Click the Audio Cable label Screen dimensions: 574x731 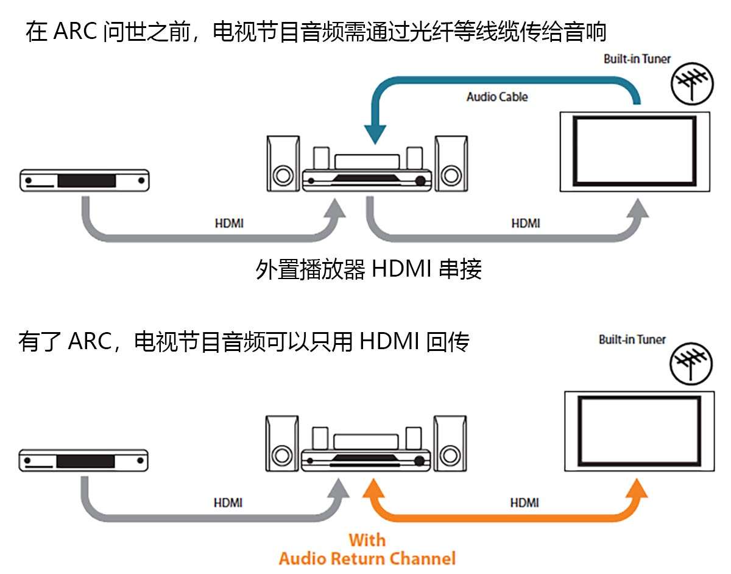497,96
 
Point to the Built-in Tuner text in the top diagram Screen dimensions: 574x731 637,59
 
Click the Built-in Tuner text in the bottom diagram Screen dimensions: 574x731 632,339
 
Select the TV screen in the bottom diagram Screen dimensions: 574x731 639,431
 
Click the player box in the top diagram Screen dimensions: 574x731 84,180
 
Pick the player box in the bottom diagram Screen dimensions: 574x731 84,460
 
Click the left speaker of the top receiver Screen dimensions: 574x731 282,164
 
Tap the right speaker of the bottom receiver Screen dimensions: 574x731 450,443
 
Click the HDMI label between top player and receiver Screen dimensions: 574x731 229,224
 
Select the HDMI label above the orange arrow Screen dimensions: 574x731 524,503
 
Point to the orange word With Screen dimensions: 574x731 367,540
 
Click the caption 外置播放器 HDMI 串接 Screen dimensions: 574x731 369,269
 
